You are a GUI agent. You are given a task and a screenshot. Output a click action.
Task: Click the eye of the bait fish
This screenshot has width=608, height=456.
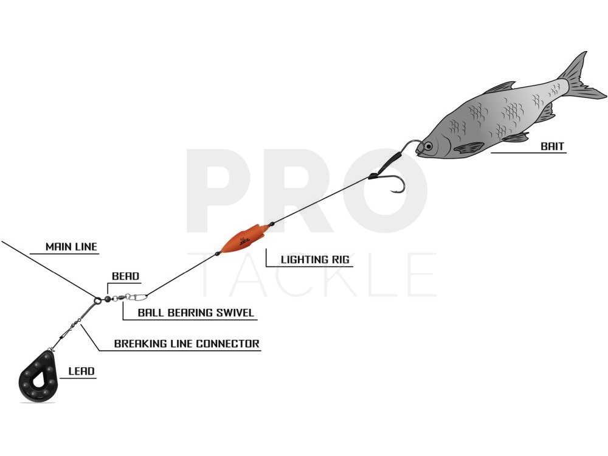(427, 146)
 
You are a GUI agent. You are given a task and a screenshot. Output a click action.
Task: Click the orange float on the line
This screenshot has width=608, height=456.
(244, 237)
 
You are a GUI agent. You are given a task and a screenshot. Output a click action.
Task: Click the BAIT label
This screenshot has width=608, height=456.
(552, 147)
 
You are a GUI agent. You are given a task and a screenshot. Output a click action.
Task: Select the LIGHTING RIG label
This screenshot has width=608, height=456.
(315, 260)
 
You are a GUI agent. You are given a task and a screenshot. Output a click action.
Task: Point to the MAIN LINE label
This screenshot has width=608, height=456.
(71, 247)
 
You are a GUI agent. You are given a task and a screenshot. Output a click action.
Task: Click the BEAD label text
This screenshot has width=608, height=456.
(125, 276)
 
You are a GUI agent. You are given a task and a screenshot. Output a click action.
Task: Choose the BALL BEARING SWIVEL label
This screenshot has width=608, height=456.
(196, 313)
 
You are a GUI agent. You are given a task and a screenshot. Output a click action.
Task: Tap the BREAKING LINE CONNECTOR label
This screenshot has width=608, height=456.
(187, 344)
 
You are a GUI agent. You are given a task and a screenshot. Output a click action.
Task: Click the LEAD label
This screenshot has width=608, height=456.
(81, 371)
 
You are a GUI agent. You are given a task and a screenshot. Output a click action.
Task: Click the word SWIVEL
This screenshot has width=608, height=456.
(235, 313)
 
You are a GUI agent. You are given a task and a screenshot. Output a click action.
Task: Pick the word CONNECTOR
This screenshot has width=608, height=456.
(227, 344)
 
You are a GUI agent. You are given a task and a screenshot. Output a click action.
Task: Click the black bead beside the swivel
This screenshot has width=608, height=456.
(108, 299)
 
